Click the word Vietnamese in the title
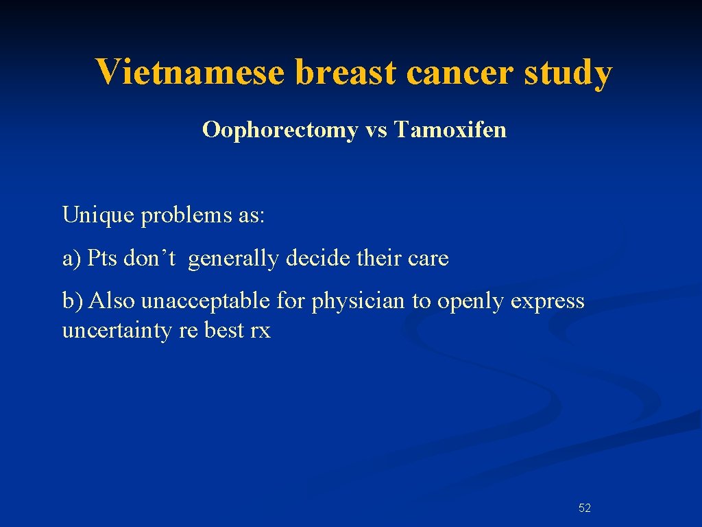click(x=189, y=72)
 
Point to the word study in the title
click(x=568, y=72)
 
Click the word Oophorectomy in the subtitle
click(x=280, y=129)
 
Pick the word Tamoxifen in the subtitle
click(x=450, y=129)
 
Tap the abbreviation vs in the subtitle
click(x=376, y=130)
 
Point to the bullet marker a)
click(x=72, y=259)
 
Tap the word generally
click(x=233, y=259)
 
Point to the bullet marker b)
click(x=73, y=301)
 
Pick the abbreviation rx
click(x=261, y=331)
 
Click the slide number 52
click(x=585, y=508)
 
